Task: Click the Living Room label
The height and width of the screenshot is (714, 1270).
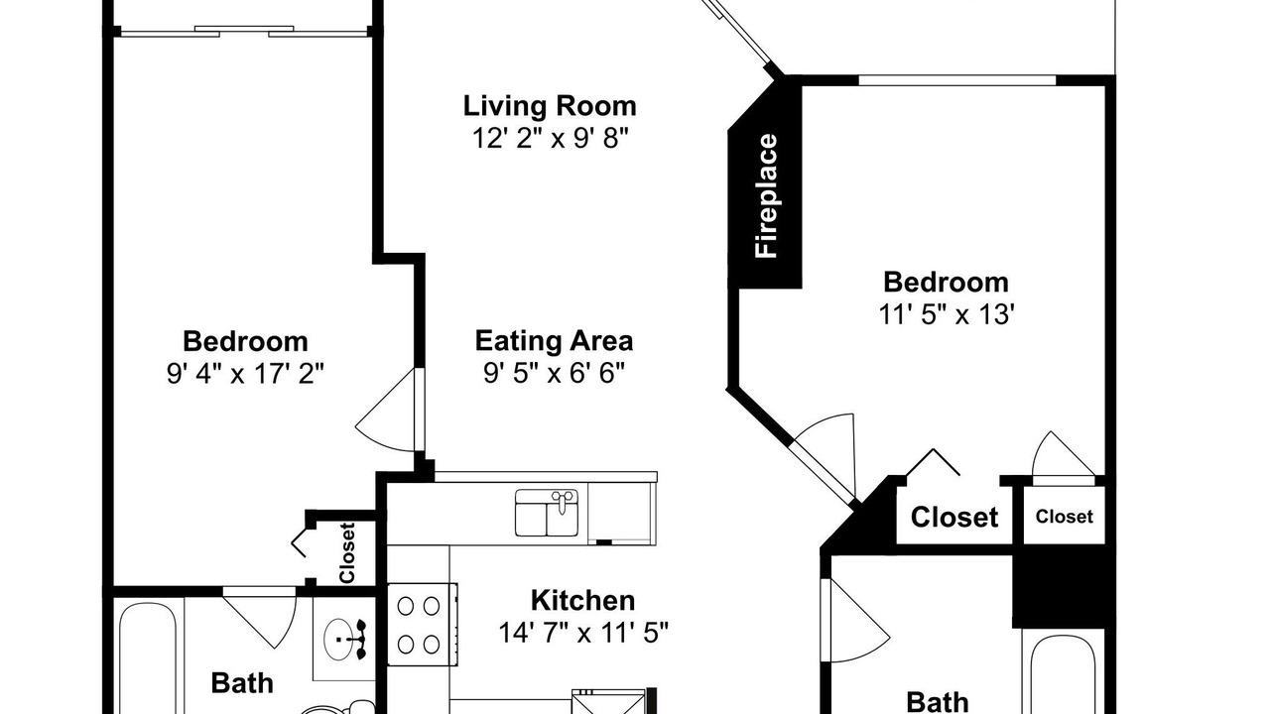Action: pyautogui.click(x=550, y=106)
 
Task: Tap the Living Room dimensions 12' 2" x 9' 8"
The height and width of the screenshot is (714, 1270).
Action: pyautogui.click(x=551, y=138)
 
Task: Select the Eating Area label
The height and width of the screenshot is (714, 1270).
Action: pyautogui.click(x=554, y=341)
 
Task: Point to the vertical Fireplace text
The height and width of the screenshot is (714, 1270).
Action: pyautogui.click(x=766, y=196)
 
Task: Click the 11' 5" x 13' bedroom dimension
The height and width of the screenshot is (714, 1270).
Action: pyautogui.click(x=947, y=314)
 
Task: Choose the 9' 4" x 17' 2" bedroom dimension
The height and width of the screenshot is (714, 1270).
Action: pyautogui.click(x=245, y=374)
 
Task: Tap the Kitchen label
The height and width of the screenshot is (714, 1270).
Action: pyautogui.click(x=582, y=601)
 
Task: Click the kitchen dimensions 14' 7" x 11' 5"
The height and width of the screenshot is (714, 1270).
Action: pyautogui.click(x=583, y=633)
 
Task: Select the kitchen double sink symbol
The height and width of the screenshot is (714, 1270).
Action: pyautogui.click(x=547, y=513)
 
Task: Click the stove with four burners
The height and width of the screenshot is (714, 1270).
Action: pyautogui.click(x=423, y=625)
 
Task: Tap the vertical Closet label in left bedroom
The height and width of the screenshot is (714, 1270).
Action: pyautogui.click(x=347, y=553)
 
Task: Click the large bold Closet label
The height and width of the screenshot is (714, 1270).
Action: pyautogui.click(x=954, y=518)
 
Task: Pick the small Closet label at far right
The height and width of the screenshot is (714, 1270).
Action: pyautogui.click(x=1065, y=517)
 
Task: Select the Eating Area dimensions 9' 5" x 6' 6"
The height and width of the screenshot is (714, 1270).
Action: pyautogui.click(x=554, y=373)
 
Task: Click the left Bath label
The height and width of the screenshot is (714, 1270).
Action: pyautogui.click(x=242, y=683)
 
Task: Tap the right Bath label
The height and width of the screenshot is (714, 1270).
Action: pyautogui.click(x=938, y=702)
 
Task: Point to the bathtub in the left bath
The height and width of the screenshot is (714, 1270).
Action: pyautogui.click(x=149, y=657)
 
